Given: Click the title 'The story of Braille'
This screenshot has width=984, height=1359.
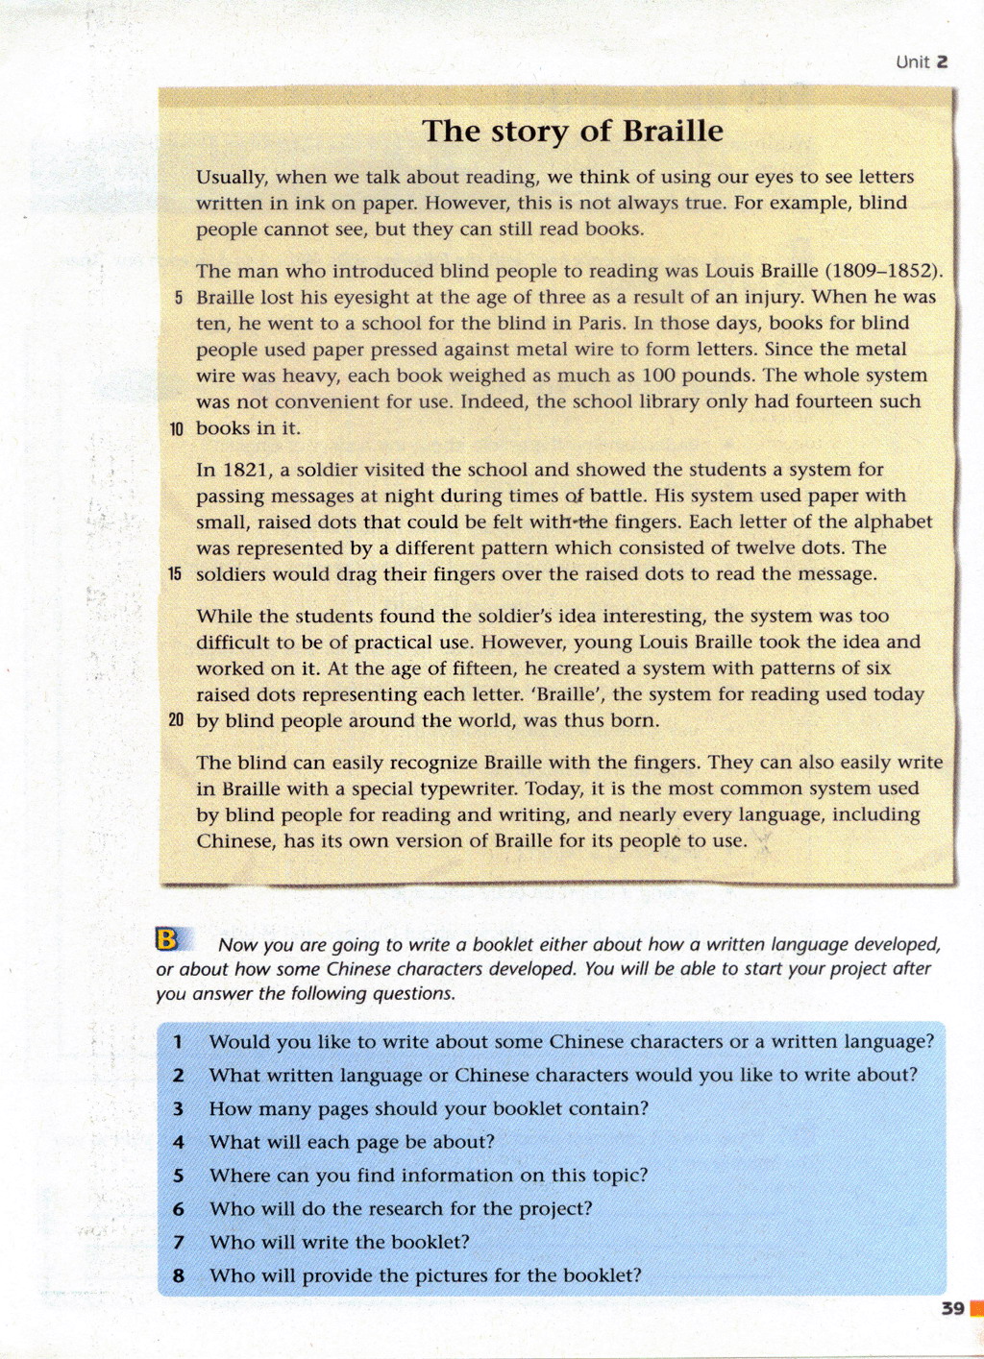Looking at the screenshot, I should point(573,131).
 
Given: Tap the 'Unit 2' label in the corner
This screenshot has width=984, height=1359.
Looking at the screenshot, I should point(922,62).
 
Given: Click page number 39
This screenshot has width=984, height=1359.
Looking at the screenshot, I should point(952,1308).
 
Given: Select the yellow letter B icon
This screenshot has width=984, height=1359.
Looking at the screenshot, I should point(167,938).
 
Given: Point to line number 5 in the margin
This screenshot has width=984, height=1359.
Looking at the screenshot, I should point(179,298).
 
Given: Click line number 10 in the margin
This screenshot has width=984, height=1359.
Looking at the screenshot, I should point(176,429).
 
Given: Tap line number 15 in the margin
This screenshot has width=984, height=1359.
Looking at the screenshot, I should point(175,574).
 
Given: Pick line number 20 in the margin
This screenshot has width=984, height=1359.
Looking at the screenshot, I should point(175,720).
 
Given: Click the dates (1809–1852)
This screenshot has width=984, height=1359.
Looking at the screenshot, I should point(883,271).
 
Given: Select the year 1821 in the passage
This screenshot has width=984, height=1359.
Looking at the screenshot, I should point(246,470).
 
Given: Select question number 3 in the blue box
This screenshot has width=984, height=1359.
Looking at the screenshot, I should point(178,1109).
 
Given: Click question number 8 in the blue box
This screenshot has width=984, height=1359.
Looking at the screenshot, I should point(178,1276).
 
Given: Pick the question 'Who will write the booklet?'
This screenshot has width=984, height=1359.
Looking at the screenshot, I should point(339,1242).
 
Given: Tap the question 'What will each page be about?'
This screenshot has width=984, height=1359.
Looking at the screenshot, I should point(352,1142).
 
